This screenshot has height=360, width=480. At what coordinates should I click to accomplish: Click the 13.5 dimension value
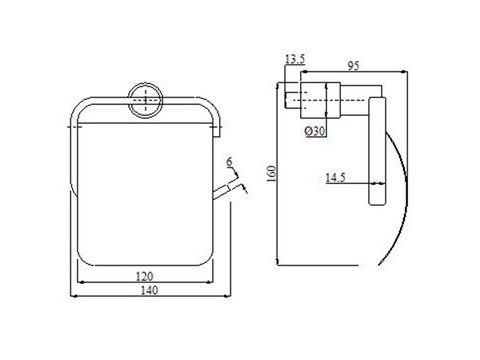294,61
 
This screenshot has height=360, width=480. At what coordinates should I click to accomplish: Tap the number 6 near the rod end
229,161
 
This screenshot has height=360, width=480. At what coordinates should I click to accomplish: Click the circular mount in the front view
146,101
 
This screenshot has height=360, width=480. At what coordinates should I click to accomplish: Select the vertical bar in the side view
378,155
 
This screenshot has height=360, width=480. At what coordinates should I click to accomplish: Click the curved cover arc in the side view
398,200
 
